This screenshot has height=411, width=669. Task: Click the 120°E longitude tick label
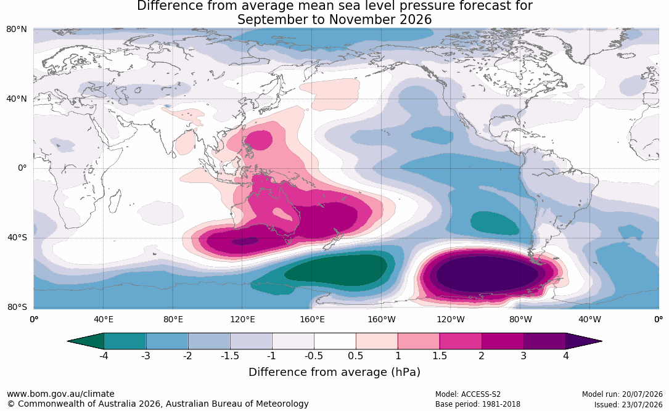pos(242,319)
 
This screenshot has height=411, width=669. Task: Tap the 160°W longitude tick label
pos(382,319)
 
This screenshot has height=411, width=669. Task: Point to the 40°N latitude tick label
pos(17,99)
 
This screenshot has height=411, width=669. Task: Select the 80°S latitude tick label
pos(17,307)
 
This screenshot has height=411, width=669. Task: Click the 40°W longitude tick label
pos(589,319)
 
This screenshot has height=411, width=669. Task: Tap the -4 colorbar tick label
pos(104,356)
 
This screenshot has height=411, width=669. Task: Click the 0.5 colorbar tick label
pos(355,356)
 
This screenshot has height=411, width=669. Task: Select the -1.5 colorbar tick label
pos(229,356)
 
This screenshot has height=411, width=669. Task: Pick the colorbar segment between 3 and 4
pos(545,341)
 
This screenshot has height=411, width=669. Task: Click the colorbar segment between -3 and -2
pos(167,341)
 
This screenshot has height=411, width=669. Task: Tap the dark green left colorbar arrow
pos(86,341)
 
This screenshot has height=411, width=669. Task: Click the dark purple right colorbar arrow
pos(584,341)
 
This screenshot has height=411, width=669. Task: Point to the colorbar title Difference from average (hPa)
pos(334,372)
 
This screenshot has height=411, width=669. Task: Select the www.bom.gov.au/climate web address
pos(60,394)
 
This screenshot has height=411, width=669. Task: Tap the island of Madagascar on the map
pos(114,201)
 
